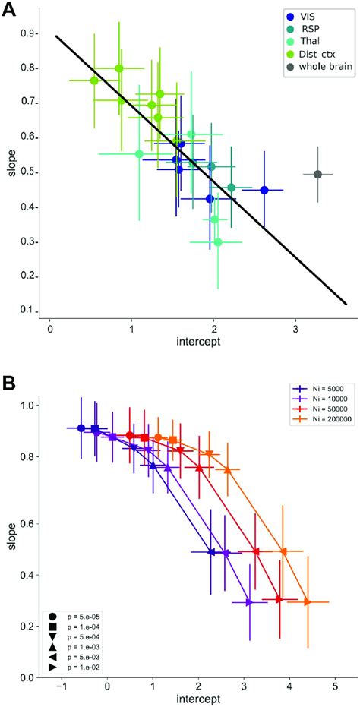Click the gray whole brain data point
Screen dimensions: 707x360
coord(317,174)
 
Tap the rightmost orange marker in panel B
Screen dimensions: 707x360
coord(308,581)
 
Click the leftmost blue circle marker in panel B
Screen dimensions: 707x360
coord(81,428)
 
